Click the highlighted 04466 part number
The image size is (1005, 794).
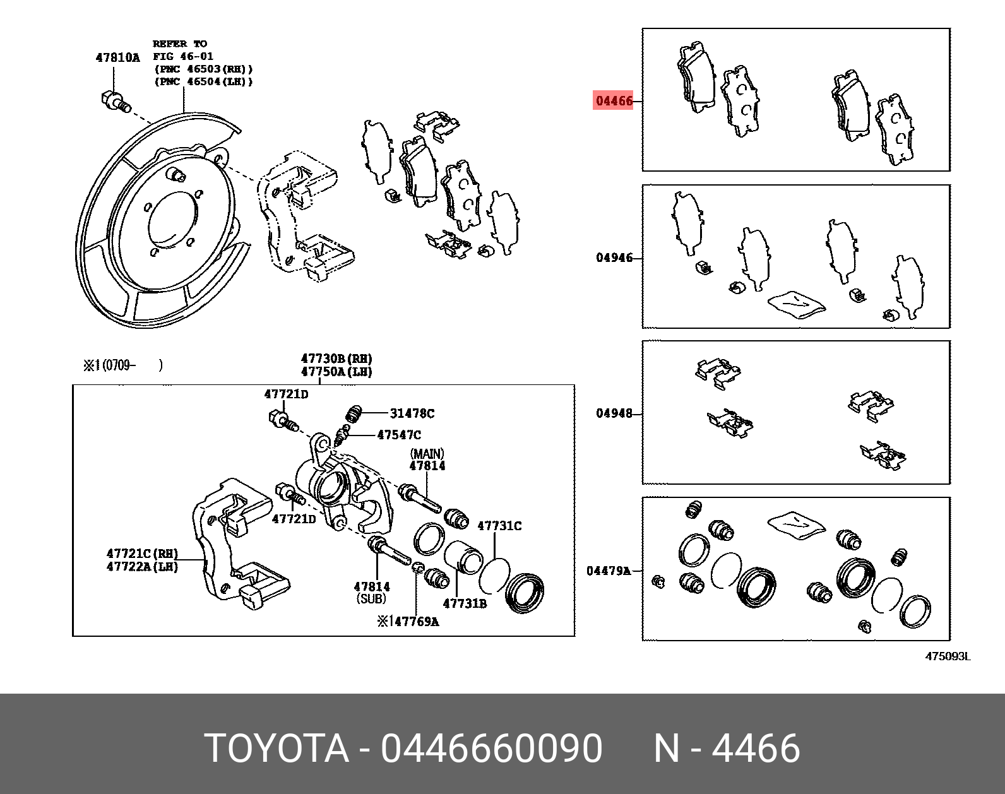pos(613,100)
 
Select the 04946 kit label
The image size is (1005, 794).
pos(614,258)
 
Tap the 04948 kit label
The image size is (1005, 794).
pos(614,413)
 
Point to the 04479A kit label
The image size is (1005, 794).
pos(609,571)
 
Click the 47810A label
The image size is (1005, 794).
pos(117,57)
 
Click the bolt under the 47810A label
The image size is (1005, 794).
pos(115,101)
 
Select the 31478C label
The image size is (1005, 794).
pos(412,413)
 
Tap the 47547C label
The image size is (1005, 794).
pos(398,435)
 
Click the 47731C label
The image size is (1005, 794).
pos(499,526)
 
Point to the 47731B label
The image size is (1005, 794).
pos(465,603)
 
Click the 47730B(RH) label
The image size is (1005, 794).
pos(336,358)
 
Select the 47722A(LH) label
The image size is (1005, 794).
pos(142,567)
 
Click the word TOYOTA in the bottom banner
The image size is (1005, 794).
pos(277,749)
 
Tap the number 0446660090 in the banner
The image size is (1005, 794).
pos(491,749)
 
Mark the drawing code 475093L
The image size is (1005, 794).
pos(947,656)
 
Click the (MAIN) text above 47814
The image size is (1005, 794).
pos(427,454)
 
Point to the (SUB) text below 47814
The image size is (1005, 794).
pos(371,598)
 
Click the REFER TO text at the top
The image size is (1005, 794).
pos(180,44)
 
